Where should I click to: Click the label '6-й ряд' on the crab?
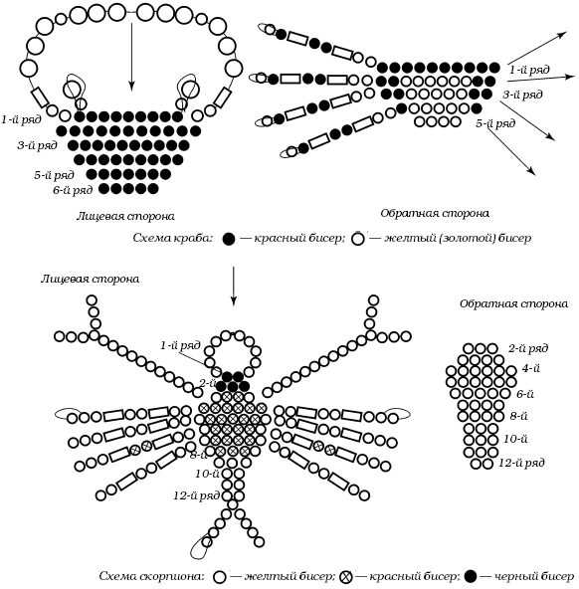(73, 190)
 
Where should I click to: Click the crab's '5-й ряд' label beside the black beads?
(54, 175)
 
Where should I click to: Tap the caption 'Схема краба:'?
(173, 238)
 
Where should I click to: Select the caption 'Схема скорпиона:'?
(152, 576)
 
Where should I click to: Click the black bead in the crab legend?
(229, 239)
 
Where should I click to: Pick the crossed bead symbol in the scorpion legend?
(346, 577)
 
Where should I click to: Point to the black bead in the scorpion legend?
(471, 576)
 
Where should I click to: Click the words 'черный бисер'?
(534, 576)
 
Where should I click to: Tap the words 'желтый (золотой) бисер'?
(458, 238)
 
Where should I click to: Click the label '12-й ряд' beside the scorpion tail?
(197, 495)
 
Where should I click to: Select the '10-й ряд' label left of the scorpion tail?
(207, 474)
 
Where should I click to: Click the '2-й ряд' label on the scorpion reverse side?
(528, 348)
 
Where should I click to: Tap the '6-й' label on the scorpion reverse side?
(525, 394)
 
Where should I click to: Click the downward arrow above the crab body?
(131, 57)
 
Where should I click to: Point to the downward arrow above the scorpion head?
(234, 287)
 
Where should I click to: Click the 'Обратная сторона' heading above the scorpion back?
(514, 303)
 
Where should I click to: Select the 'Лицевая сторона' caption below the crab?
(125, 216)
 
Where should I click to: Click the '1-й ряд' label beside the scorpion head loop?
(181, 345)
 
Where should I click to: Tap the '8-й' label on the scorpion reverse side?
(519, 416)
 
